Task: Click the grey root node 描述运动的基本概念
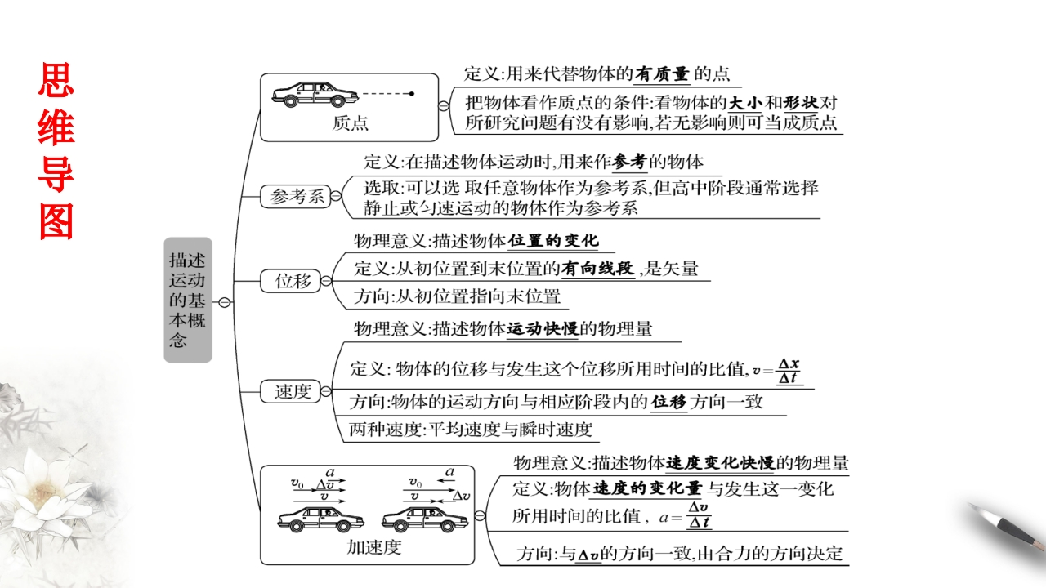(187, 300)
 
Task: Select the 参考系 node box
(297, 196)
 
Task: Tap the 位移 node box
(293, 281)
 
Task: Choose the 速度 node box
(293, 392)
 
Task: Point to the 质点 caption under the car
(350, 124)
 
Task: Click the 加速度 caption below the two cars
(373, 547)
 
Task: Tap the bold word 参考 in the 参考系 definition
(628, 162)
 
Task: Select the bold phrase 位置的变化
(553, 241)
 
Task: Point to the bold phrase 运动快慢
(543, 329)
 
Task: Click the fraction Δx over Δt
(789, 370)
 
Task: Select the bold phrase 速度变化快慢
(720, 463)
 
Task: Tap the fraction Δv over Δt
(699, 514)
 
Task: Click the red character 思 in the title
(56, 85)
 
